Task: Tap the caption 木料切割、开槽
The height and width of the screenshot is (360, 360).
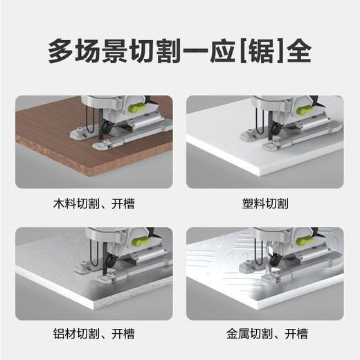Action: (x=94, y=204)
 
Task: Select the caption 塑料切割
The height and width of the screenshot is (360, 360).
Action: (x=266, y=204)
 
